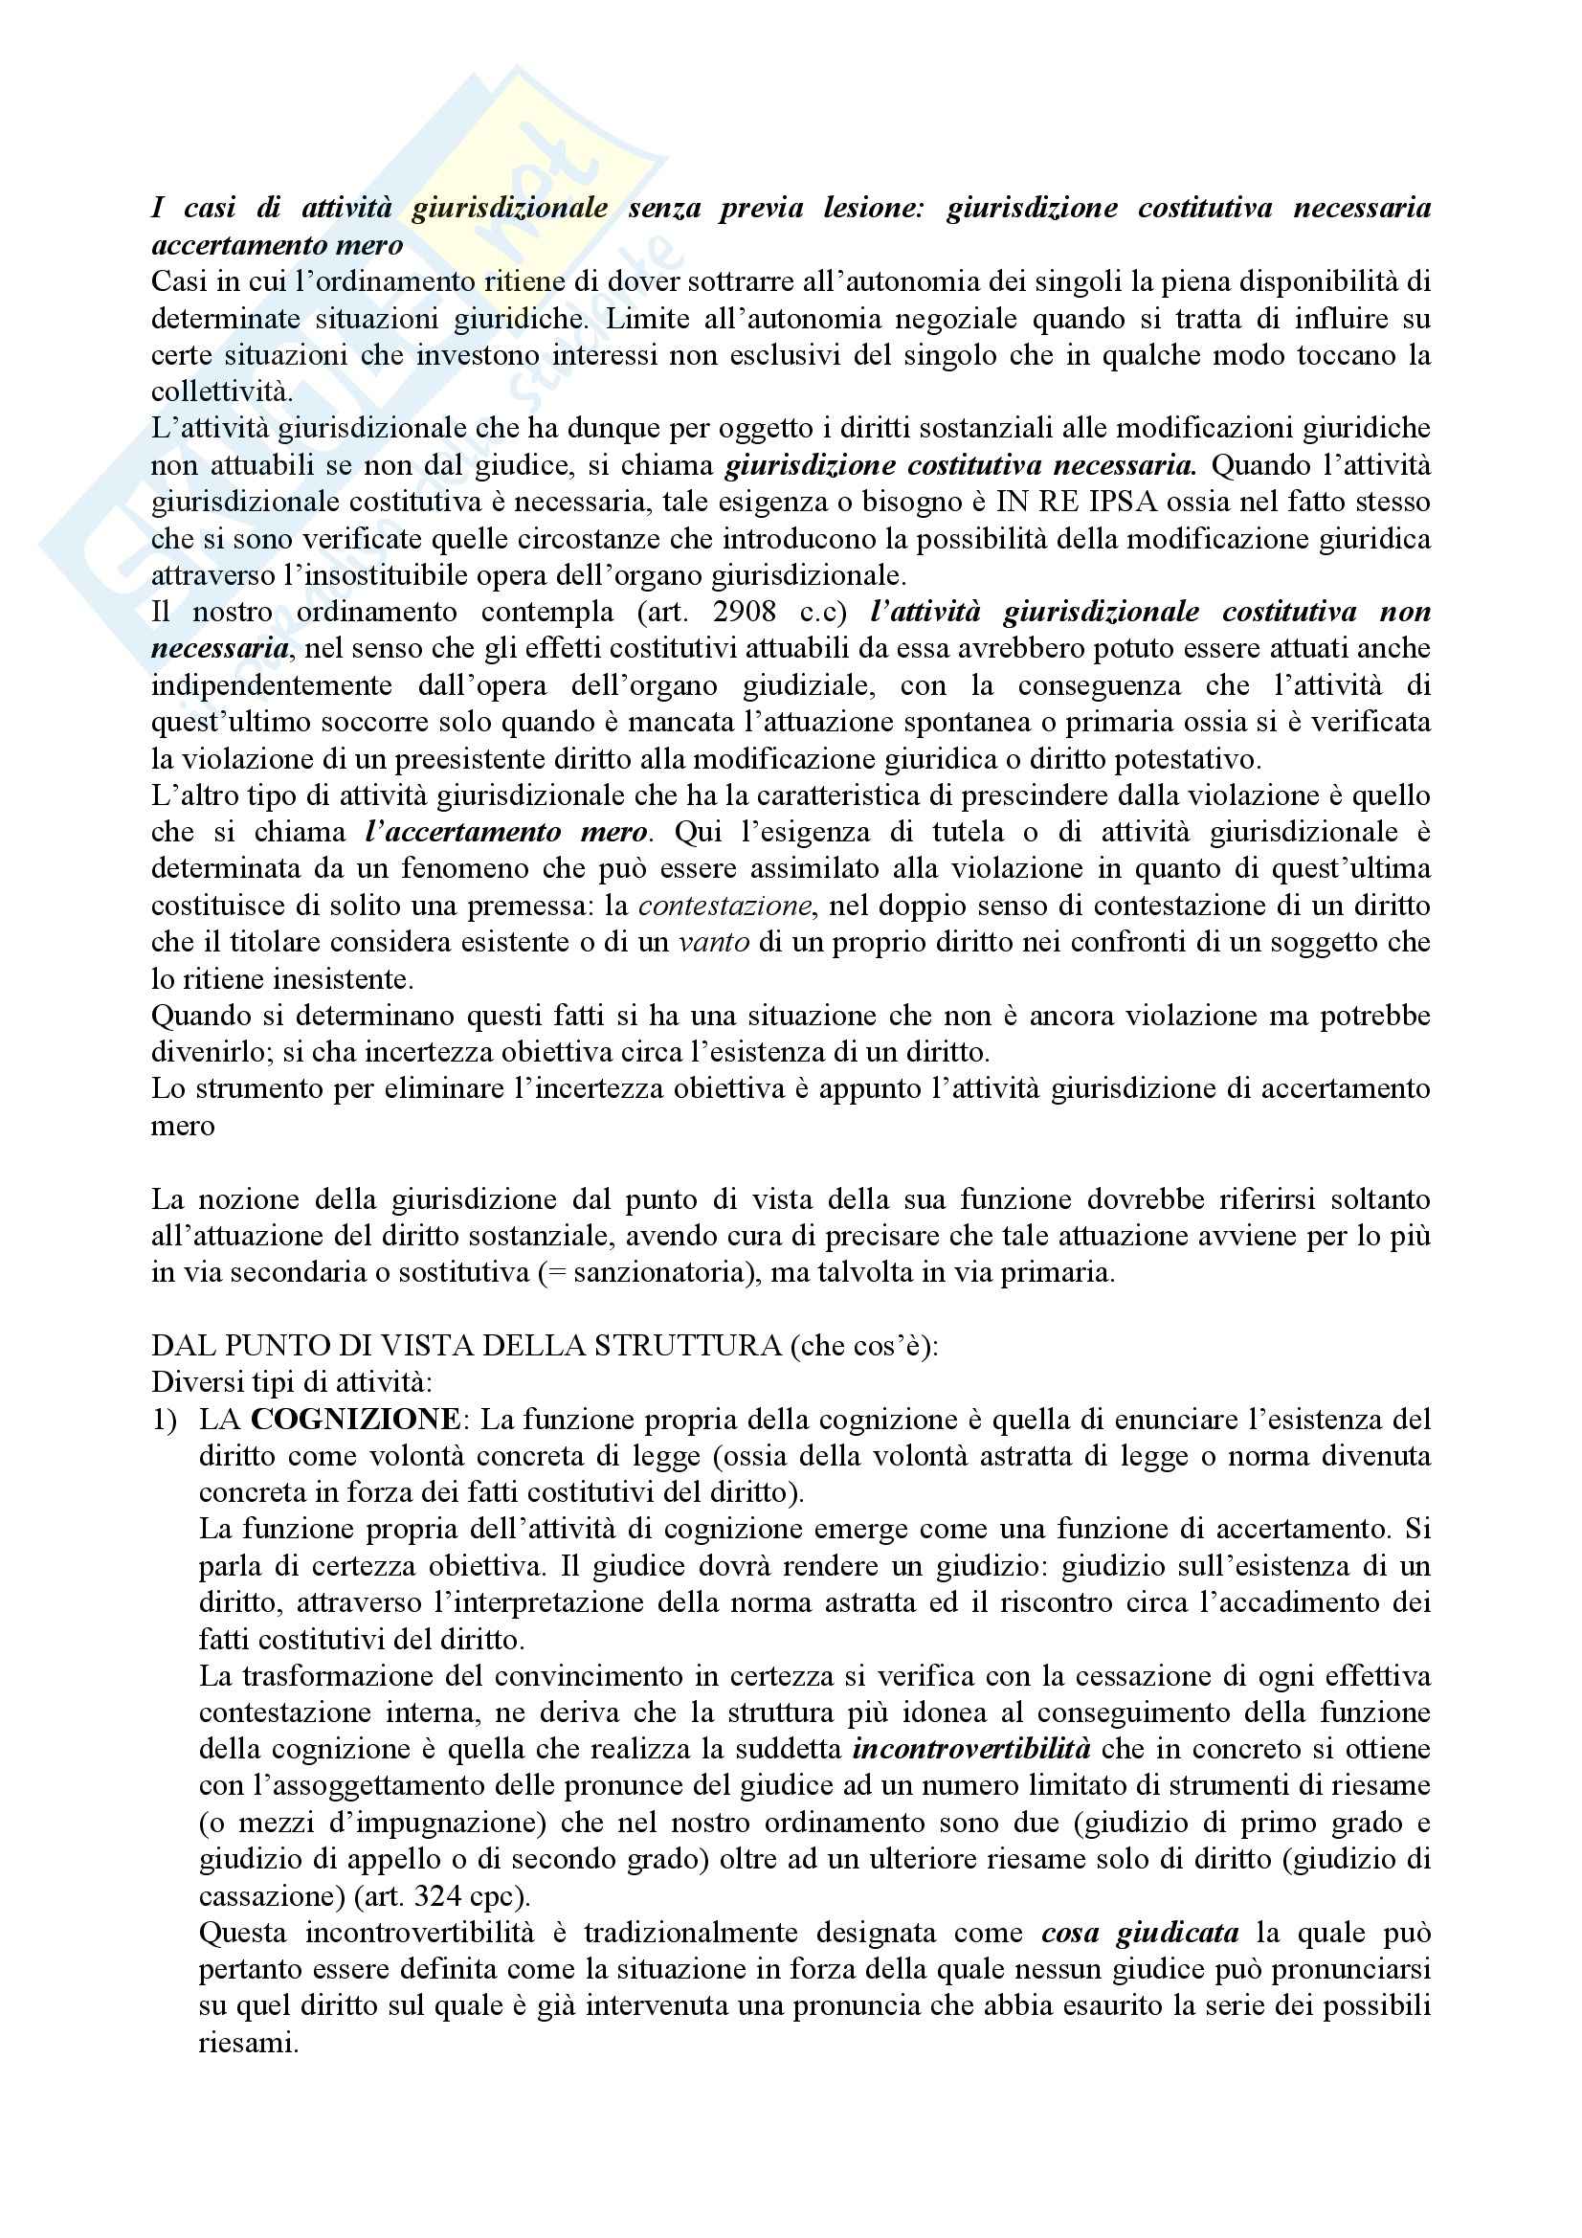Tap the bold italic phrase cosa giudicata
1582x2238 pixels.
[1141, 1933]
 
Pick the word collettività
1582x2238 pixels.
[221, 392]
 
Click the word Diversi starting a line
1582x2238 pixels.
[189, 1382]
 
